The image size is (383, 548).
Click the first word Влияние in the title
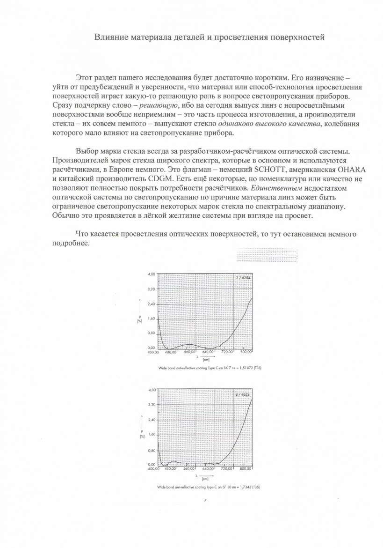(111, 37)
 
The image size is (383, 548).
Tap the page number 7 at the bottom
(205, 500)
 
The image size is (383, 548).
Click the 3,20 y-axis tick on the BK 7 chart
(151, 289)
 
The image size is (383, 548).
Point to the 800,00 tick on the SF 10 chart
(246, 468)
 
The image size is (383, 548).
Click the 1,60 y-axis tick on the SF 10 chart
(151, 434)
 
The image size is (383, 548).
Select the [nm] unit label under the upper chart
(205, 360)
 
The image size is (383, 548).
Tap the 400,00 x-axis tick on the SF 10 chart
(154, 468)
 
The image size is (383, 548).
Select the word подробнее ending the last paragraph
(68, 244)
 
